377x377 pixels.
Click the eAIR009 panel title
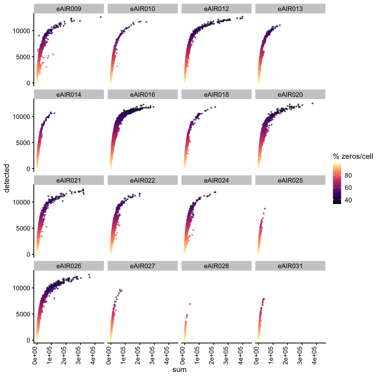click(x=69, y=9)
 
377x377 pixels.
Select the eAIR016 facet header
click(x=142, y=95)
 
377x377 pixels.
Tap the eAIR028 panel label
click(x=216, y=266)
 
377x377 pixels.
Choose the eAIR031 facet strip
click(x=290, y=266)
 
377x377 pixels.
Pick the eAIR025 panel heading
click(x=290, y=180)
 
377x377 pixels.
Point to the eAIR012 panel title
click(x=216, y=9)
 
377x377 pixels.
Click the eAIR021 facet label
click(x=69, y=180)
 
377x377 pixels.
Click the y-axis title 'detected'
click(x=7, y=178)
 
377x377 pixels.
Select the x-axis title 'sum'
click(x=180, y=369)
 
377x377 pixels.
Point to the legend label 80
click(x=348, y=175)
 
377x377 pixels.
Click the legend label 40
click(x=348, y=200)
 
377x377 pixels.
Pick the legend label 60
click(x=348, y=188)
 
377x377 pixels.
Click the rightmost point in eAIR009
click(x=101, y=17)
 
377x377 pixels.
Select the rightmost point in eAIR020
click(x=312, y=104)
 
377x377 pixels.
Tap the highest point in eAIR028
click(x=190, y=304)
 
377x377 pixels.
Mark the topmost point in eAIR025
click(x=265, y=209)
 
